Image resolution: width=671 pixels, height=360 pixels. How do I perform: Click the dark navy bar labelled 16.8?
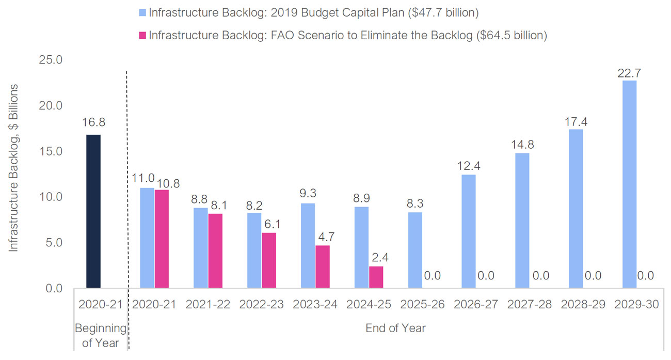tap(93, 211)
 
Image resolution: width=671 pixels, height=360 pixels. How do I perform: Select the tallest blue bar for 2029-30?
tap(629, 184)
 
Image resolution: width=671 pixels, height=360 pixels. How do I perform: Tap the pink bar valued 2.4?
tap(376, 277)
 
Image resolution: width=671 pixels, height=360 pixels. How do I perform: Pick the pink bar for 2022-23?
tap(269, 260)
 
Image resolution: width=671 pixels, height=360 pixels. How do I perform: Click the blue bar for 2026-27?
tap(469, 231)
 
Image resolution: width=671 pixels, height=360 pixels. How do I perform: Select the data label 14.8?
tap(522, 145)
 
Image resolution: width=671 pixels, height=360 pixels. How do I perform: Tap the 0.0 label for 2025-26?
tap(432, 276)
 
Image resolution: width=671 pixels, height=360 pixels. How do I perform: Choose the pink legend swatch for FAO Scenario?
tap(143, 36)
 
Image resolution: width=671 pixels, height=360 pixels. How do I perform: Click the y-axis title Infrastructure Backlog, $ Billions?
tap(14, 168)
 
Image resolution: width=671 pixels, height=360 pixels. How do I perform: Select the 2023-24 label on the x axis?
tap(315, 305)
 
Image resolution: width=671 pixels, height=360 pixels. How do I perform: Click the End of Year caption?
tap(396, 328)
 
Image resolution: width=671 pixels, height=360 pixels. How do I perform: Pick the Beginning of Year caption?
tap(101, 335)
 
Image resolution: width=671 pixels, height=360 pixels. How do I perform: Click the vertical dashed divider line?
tap(127, 207)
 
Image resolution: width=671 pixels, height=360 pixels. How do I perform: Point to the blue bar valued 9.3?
tap(308, 245)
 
